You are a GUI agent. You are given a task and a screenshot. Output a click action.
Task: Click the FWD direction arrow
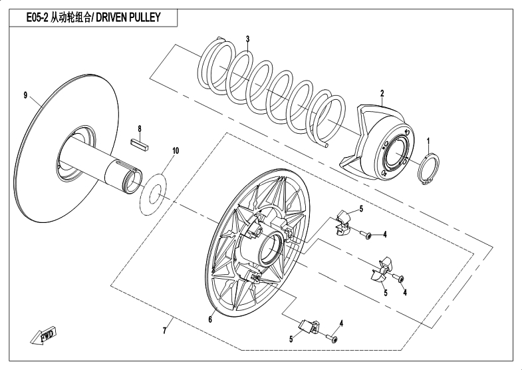pyautogui.click(x=43, y=335)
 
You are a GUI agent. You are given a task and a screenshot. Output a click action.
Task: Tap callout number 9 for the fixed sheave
pyautogui.click(x=26, y=96)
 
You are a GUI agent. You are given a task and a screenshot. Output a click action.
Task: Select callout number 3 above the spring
pyautogui.click(x=247, y=39)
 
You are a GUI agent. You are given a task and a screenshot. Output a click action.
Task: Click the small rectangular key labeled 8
pyautogui.click(x=140, y=145)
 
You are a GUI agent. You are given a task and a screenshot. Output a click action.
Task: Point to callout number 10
pyautogui.click(x=176, y=151)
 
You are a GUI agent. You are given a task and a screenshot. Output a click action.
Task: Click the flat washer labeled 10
pyautogui.click(x=153, y=194)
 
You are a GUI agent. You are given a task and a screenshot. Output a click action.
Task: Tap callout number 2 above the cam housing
pyautogui.click(x=382, y=93)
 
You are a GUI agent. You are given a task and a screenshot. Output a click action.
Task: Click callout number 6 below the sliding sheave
pyautogui.click(x=210, y=319)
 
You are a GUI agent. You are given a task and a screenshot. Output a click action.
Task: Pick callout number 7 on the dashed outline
pyautogui.click(x=164, y=331)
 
